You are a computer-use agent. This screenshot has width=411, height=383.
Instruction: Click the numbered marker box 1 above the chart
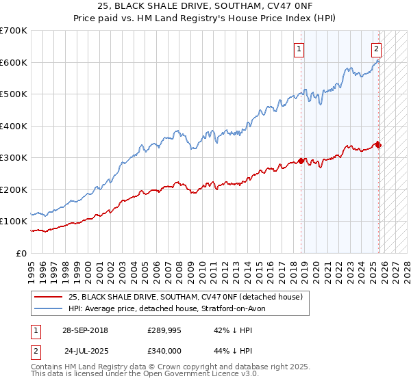coord(300,49)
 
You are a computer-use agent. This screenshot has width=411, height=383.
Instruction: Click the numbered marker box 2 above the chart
coord(376,49)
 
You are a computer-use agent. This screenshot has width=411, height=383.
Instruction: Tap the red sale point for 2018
coord(301,161)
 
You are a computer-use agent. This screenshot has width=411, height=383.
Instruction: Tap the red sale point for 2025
coord(378,144)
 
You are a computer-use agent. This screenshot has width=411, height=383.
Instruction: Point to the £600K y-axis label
coord(14,62)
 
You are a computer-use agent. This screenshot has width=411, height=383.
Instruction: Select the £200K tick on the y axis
coord(14,189)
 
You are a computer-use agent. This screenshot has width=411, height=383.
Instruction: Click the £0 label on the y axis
coord(22,253)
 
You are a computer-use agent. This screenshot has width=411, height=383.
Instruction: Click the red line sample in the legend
coord(48,296)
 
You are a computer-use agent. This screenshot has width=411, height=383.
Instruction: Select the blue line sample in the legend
coord(48,308)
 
